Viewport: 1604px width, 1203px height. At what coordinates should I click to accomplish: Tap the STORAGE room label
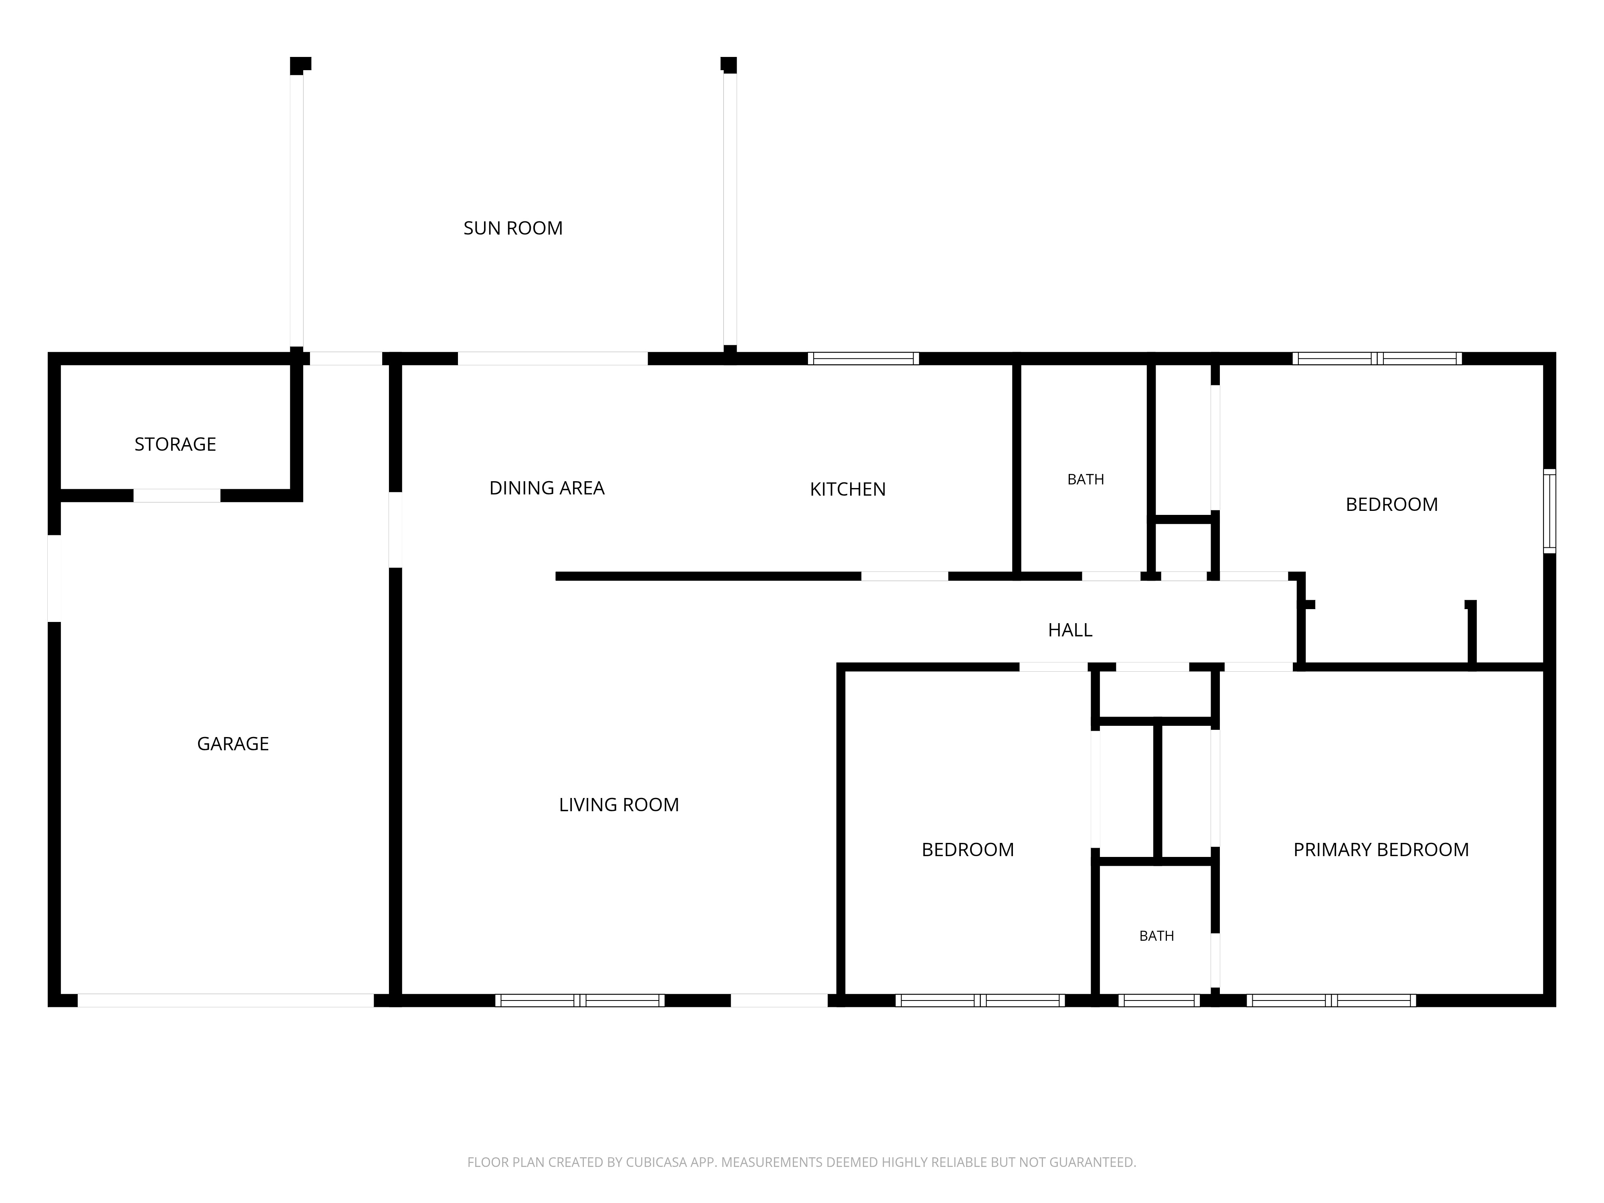pos(176,444)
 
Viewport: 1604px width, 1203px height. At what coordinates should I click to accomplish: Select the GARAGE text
pos(233,744)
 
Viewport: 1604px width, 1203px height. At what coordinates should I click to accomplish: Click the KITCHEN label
pos(848,490)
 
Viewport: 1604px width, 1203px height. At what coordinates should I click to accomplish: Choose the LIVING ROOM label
pos(618,805)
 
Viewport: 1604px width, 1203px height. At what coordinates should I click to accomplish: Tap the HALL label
pos(1069,630)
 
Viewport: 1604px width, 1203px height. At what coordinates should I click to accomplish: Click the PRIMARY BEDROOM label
pos(1381,850)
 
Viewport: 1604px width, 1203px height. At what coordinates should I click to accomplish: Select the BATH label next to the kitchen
pos(1086,479)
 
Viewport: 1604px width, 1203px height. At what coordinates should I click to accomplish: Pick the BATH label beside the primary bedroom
pos(1156,936)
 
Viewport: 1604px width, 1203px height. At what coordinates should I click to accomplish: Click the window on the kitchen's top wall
pos(863,358)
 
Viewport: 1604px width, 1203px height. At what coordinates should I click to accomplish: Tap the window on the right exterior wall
pos(1549,510)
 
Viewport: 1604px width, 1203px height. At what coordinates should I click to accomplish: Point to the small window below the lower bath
pos(1159,1000)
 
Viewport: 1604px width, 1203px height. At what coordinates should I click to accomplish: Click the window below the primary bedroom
pos(1331,1000)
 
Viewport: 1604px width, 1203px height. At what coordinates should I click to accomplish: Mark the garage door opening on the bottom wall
pos(225,1000)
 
